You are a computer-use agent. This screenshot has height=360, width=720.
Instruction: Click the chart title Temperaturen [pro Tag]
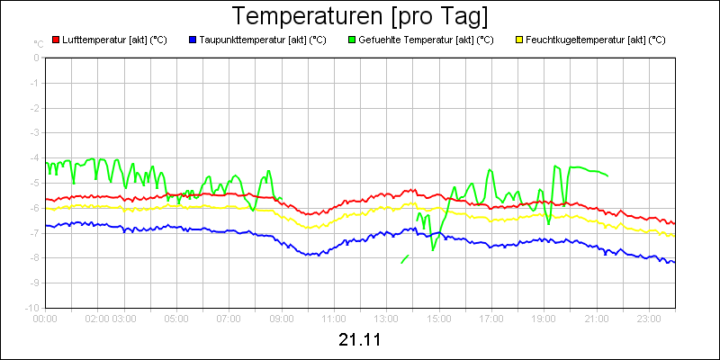click(360, 17)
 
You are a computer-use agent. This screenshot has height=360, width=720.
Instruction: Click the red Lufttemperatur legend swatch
click(56, 40)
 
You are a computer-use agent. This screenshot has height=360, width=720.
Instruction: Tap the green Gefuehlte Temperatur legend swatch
click(351, 40)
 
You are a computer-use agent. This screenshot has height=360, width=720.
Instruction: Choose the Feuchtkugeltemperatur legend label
click(595, 40)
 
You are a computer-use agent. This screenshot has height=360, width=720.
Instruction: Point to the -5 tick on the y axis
click(36, 183)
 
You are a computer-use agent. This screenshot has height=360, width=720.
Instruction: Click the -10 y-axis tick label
click(34, 308)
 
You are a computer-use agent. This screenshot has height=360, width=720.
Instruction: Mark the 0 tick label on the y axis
click(37, 58)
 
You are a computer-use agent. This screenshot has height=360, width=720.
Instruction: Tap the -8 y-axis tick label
click(36, 257)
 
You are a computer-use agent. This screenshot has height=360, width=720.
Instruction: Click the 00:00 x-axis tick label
click(45, 318)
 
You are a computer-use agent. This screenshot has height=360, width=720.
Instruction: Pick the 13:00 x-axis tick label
click(386, 318)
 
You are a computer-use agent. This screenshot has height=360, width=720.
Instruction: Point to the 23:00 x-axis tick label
click(649, 318)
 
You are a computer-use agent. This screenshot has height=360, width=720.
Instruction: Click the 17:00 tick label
click(491, 318)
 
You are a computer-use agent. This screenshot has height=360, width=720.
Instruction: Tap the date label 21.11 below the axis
click(360, 340)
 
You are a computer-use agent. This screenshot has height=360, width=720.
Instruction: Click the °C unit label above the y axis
click(38, 43)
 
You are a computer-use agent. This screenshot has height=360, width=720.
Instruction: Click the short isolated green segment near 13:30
click(405, 259)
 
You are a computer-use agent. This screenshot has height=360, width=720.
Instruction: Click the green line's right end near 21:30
click(607, 175)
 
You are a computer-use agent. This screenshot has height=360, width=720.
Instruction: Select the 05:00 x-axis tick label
click(176, 318)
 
